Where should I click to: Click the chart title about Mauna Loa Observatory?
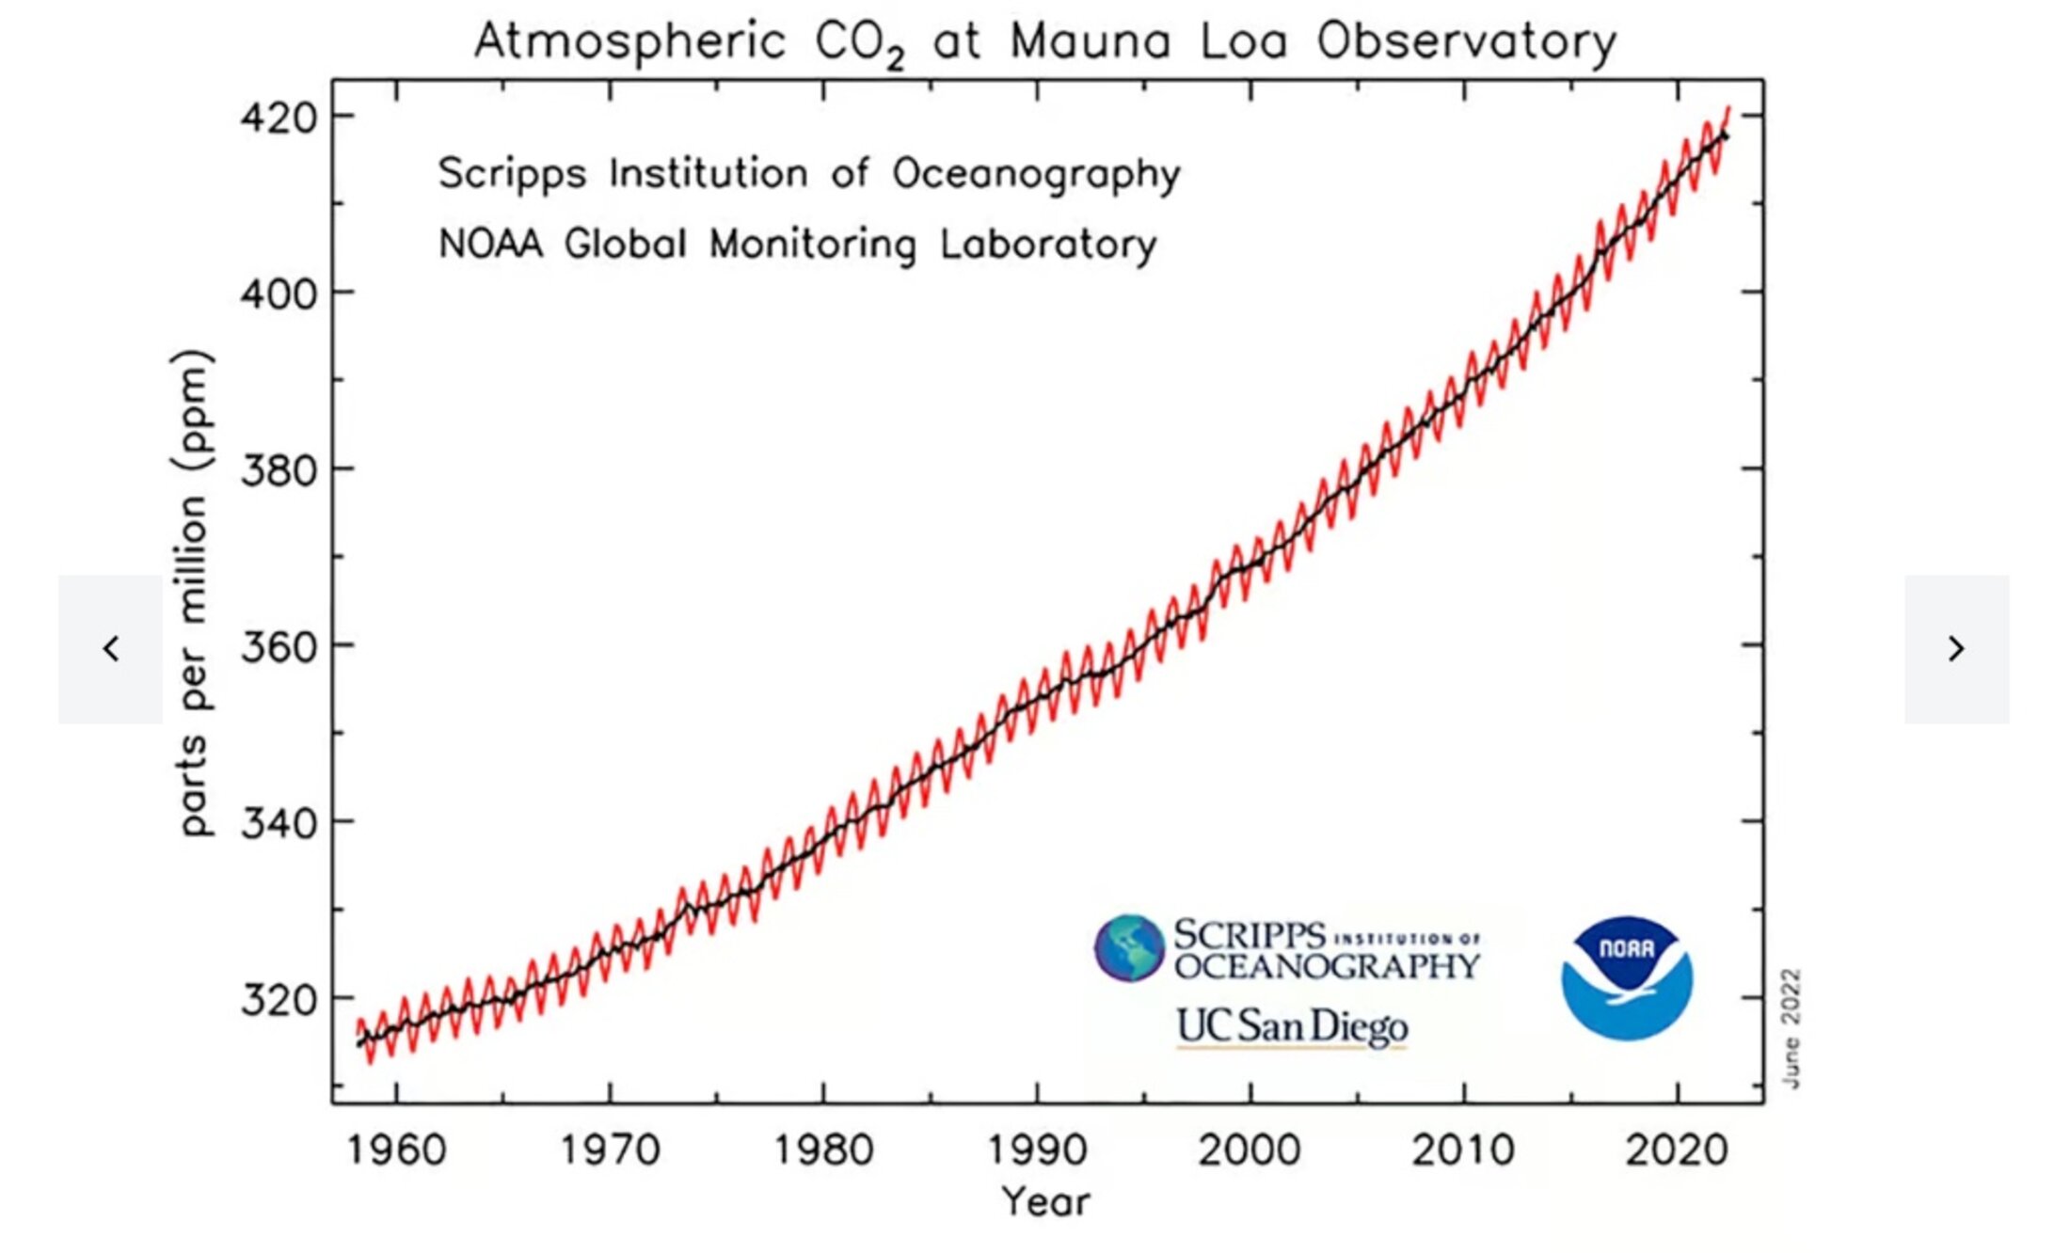tap(1045, 42)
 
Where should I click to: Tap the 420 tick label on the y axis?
tap(279, 119)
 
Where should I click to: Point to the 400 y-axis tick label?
tap(279, 294)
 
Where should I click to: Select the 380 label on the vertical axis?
tap(279, 470)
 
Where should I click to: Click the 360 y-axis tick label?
tap(279, 647)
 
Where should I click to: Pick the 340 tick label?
tap(279, 823)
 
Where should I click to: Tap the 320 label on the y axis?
tap(279, 999)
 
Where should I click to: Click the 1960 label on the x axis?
tap(396, 1150)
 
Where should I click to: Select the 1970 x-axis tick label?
tap(610, 1150)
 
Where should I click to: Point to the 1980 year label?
tap(823, 1150)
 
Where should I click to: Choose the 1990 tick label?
tap(1037, 1150)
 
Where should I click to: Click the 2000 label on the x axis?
tap(1250, 1150)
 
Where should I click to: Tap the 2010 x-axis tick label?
tap(1463, 1150)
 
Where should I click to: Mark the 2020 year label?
tap(1677, 1150)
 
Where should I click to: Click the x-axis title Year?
tap(1045, 1202)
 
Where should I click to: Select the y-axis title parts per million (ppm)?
tap(193, 593)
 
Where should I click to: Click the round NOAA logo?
tap(1627, 978)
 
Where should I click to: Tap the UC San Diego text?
tap(1292, 1026)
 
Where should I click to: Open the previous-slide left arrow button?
tap(110, 649)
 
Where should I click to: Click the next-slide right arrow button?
tap(1956, 649)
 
